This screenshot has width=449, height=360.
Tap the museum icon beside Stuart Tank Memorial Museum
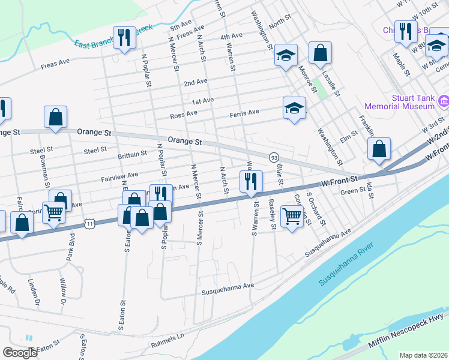click(x=443, y=101)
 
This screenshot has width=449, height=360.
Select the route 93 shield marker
click(x=274, y=157)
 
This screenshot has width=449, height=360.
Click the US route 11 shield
click(x=89, y=223)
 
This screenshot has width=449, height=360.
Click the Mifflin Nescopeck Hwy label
click(x=408, y=329)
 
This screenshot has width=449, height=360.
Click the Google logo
click(x=20, y=352)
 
